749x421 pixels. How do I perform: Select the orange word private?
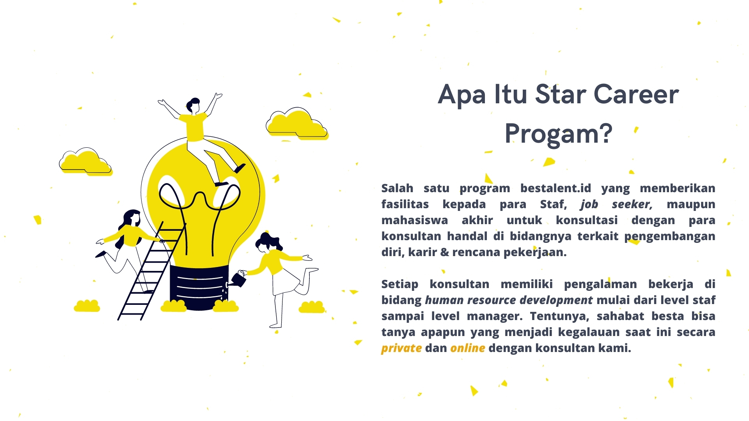[x=401, y=348]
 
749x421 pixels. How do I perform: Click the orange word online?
[x=468, y=348]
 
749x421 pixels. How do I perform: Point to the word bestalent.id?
[x=556, y=188]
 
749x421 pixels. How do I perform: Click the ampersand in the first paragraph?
[x=445, y=253]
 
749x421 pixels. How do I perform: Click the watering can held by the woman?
[x=238, y=279]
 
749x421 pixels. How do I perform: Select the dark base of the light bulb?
[x=199, y=288]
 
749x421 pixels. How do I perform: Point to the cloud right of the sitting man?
[x=297, y=124]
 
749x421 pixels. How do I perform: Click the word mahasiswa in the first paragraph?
[x=415, y=220]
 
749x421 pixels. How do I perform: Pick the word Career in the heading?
[x=636, y=95]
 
